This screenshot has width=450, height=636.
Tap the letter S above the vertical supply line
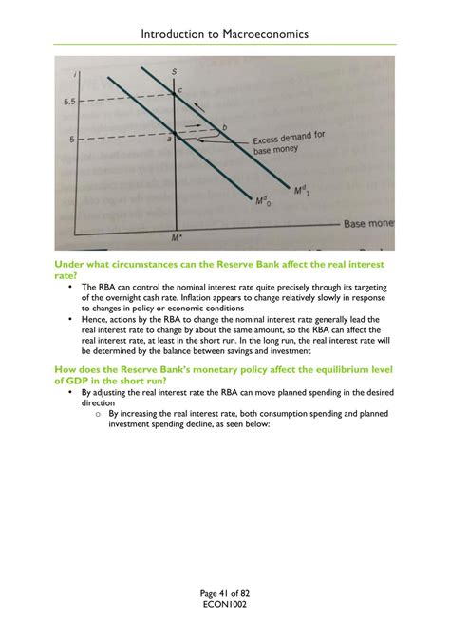[x=174, y=72]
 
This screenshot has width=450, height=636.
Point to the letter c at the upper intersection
[x=180, y=90]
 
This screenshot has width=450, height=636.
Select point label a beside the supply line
[x=170, y=140]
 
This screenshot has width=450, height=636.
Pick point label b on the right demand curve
[x=224, y=126]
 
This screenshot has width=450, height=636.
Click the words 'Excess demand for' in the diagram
[x=288, y=140]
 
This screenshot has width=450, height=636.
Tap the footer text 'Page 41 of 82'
[x=224, y=593]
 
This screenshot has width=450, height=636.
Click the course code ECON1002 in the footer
[x=224, y=605]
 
